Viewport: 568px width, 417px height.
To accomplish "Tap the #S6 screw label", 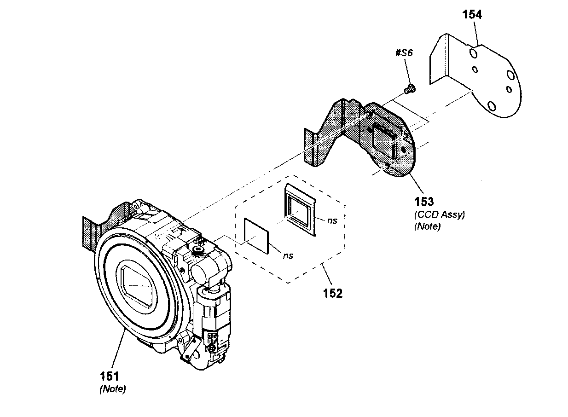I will pyautogui.click(x=404, y=53).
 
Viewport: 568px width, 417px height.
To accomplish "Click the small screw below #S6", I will pyautogui.click(x=408, y=88).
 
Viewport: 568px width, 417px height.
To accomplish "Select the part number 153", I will pyautogui.click(x=424, y=201).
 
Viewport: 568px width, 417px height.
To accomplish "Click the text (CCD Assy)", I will pyautogui.click(x=439, y=214).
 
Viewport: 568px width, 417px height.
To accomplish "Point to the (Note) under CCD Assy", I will pyautogui.click(x=427, y=226).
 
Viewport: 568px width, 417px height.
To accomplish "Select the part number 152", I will pyautogui.click(x=333, y=293).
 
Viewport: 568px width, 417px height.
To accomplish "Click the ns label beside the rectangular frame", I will pyautogui.click(x=332, y=220).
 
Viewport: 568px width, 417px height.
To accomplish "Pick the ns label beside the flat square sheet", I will pyautogui.click(x=289, y=255).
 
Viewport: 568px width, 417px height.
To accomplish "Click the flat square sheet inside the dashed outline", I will pyautogui.click(x=256, y=235).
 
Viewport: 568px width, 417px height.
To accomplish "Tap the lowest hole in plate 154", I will pyautogui.click(x=492, y=107).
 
